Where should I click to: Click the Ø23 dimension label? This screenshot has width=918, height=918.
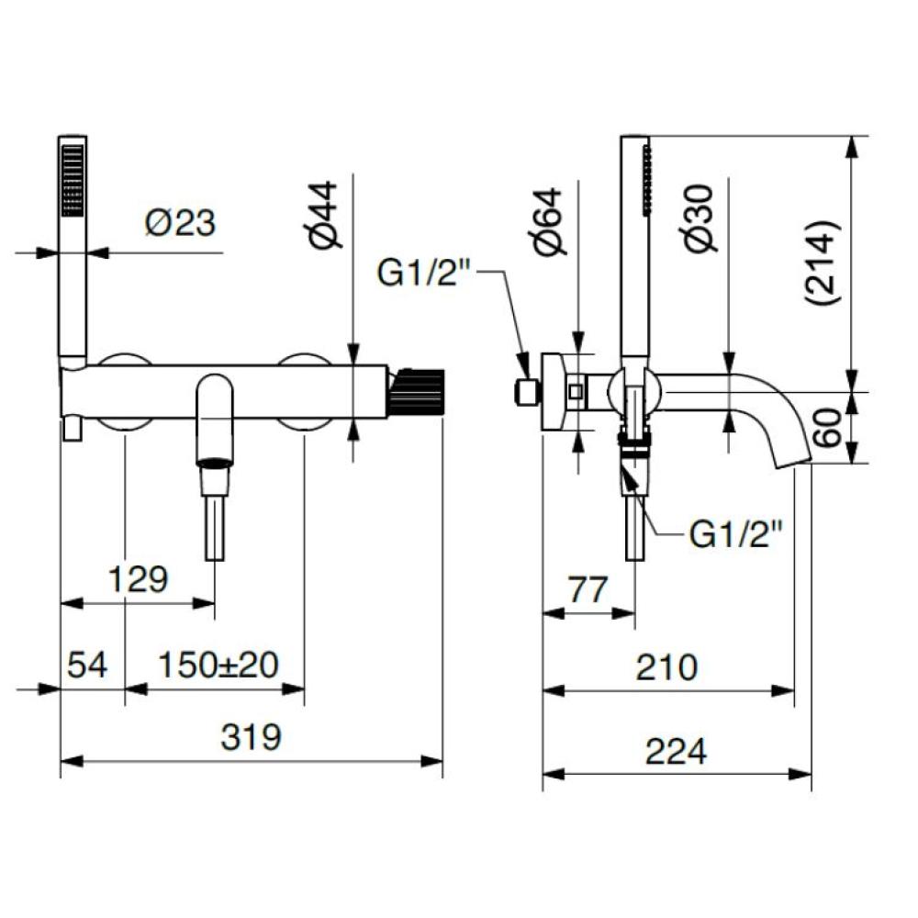click(180, 223)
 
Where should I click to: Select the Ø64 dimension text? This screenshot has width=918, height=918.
click(548, 222)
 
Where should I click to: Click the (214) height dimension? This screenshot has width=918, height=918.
click(823, 263)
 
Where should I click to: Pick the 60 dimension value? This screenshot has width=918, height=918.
click(828, 428)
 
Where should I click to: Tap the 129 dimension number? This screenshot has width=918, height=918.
click(139, 579)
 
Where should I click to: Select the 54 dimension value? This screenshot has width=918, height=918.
click(87, 665)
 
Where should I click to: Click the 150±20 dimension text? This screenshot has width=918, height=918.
click(218, 665)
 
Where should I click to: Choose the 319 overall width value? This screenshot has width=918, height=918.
click(252, 736)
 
